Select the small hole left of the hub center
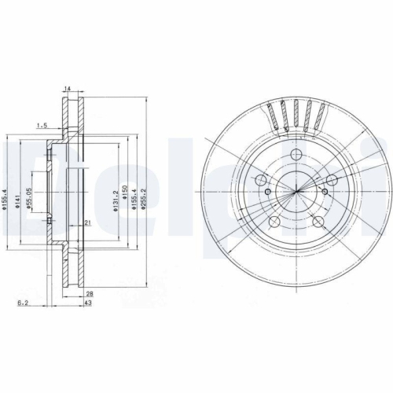(268, 193)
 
